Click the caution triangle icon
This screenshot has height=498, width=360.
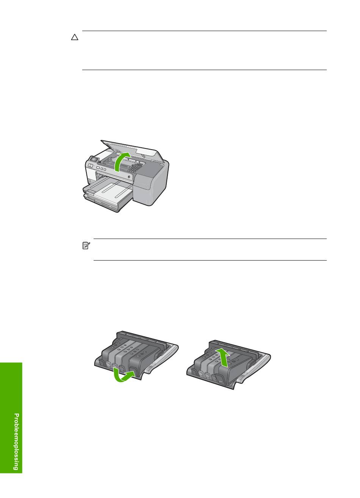(x=75, y=37)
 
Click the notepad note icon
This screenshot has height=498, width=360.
(x=86, y=245)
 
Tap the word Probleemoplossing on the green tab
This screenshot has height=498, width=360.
(x=16, y=442)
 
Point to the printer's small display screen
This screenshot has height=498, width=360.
(x=94, y=159)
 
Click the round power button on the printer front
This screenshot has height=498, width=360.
(x=129, y=177)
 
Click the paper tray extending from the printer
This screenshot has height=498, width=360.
(x=108, y=196)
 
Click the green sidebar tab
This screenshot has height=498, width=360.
(x=11, y=418)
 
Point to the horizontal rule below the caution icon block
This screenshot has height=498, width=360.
(x=204, y=70)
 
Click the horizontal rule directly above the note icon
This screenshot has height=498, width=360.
(x=210, y=239)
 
